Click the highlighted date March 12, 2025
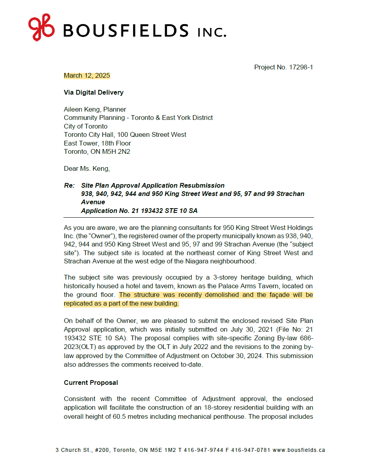click(87, 76)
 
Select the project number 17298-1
click(300, 67)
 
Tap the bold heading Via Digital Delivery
click(94, 92)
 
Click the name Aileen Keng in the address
click(81, 109)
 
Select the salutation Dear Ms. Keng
click(87, 169)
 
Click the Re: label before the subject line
click(69, 185)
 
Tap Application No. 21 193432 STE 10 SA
click(139, 211)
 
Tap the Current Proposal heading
click(91, 382)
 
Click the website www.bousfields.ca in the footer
click(299, 450)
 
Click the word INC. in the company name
click(212, 32)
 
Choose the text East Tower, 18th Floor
click(97, 143)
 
